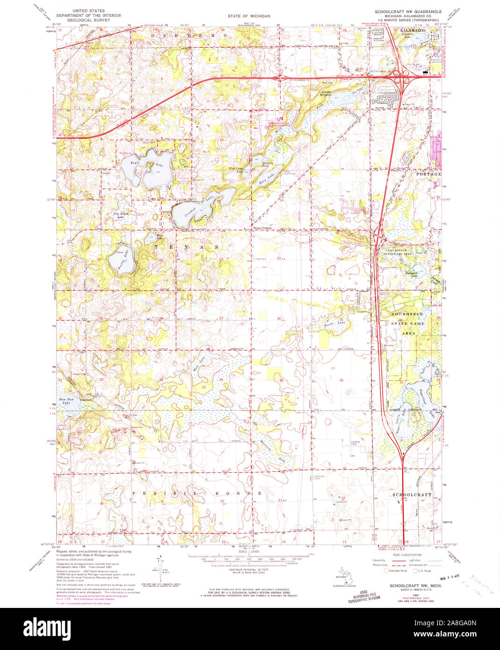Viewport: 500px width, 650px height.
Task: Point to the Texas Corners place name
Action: click(x=262, y=228)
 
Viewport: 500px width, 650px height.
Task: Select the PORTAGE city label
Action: click(x=428, y=174)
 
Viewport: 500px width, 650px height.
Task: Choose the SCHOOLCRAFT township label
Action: click(x=412, y=494)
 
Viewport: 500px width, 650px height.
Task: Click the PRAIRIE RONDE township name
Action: click(x=196, y=493)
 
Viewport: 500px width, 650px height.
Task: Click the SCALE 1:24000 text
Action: click(x=249, y=552)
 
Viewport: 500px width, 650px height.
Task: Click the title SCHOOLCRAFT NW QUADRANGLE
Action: click(x=407, y=10)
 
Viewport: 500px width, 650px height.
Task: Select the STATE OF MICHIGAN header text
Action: click(x=249, y=16)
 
